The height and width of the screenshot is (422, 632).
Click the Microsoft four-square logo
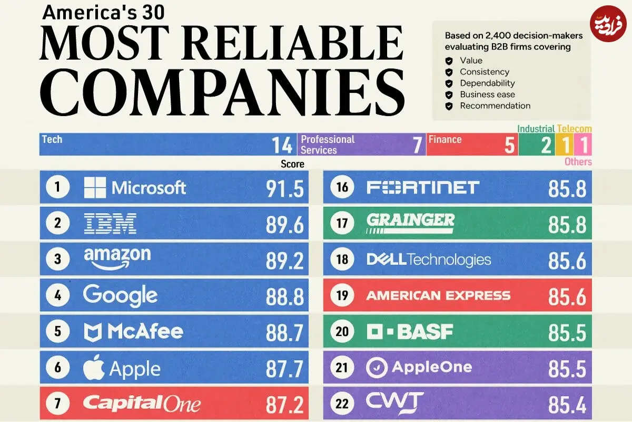pos(95,187)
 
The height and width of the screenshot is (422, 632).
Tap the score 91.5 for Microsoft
pos(285,188)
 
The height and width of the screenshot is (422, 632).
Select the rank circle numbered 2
pos(58,223)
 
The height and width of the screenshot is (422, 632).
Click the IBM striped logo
pos(110,223)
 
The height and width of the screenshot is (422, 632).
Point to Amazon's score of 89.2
pos(285,261)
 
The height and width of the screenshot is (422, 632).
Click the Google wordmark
pos(120,295)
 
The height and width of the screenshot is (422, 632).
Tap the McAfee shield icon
pos(93,332)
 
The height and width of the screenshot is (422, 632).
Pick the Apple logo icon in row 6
pos(94,367)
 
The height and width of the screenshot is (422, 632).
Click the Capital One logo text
pos(142,404)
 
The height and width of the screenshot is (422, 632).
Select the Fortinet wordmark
pos(423,187)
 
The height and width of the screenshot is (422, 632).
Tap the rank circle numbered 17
pos(342,223)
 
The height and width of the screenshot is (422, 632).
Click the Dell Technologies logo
pos(429,260)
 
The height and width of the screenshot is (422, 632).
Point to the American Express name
pos(438,295)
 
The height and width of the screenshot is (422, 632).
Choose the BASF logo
pos(410,332)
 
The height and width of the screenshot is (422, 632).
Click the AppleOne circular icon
pos(377,368)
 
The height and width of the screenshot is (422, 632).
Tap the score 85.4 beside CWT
pos(567,405)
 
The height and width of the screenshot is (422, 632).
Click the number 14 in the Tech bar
pos(282,145)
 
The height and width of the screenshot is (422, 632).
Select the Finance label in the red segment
pos(445,139)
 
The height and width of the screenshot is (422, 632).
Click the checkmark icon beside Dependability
pos(449,83)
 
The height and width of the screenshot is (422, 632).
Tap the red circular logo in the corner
pos(608,24)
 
